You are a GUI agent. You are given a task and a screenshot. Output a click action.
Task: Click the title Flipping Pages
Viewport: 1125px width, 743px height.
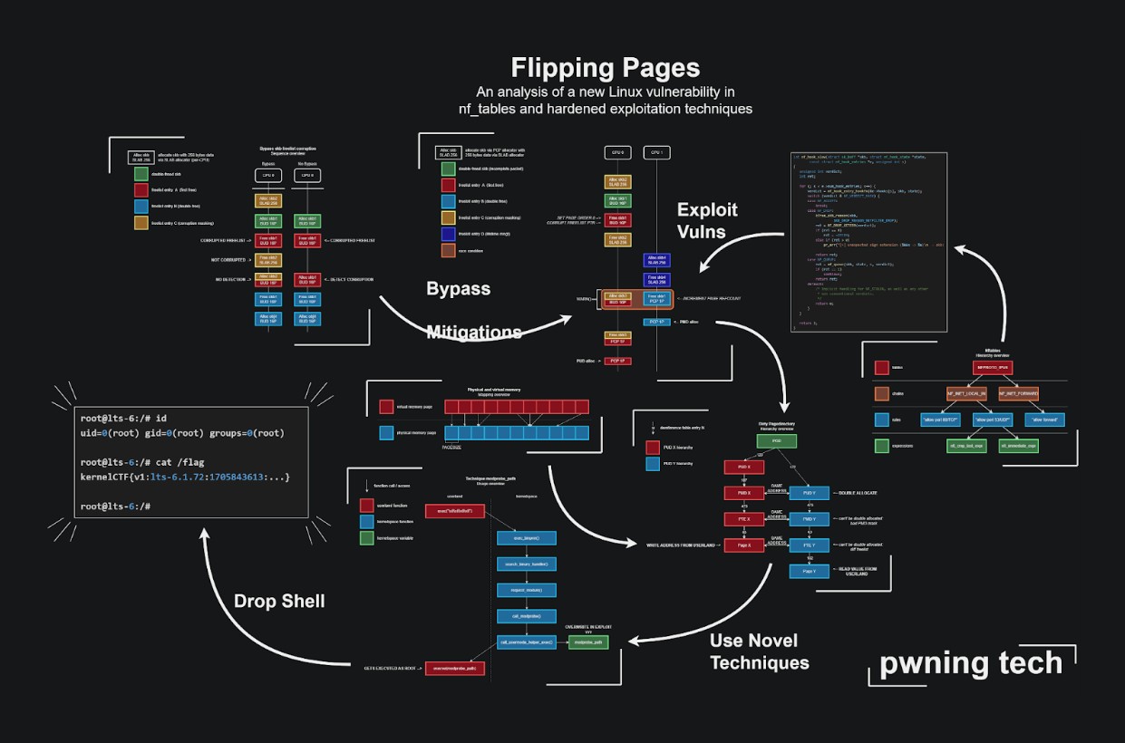coord(605,68)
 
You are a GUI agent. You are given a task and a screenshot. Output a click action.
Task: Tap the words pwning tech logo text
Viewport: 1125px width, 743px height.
coord(971,663)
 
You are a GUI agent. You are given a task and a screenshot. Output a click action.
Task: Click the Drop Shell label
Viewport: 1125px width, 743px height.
coord(278,601)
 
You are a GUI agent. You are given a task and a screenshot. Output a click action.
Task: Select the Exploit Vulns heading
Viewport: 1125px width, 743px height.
coord(707,220)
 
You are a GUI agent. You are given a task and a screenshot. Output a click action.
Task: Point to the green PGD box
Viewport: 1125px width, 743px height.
coord(777,441)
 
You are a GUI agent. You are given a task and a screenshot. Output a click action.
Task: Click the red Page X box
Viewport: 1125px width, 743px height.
coord(744,545)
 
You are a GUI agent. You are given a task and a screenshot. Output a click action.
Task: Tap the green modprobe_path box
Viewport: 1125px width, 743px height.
coord(589,642)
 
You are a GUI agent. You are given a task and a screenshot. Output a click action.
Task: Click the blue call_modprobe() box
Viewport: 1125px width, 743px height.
coord(526,615)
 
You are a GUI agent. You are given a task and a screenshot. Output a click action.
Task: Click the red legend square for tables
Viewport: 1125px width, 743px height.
coord(882,369)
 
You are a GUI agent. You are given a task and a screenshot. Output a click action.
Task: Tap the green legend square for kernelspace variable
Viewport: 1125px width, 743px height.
coord(366,538)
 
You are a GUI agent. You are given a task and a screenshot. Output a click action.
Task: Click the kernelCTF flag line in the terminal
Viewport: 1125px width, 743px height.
coord(185,477)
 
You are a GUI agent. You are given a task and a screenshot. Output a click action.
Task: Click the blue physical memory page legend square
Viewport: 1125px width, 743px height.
coord(387,433)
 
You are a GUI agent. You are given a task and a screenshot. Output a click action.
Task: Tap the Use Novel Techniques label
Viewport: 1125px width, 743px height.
coord(759,651)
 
